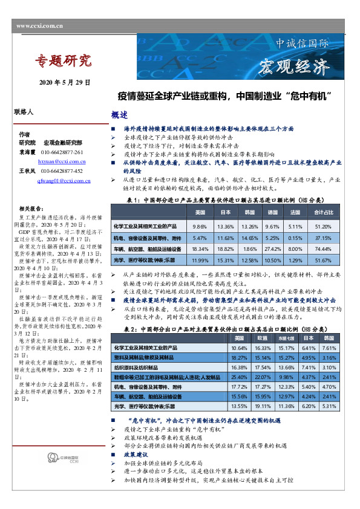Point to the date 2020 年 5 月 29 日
coord(65,82)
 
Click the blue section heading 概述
coord(119,115)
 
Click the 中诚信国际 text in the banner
coord(302,44)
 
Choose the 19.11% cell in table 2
coord(264,407)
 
